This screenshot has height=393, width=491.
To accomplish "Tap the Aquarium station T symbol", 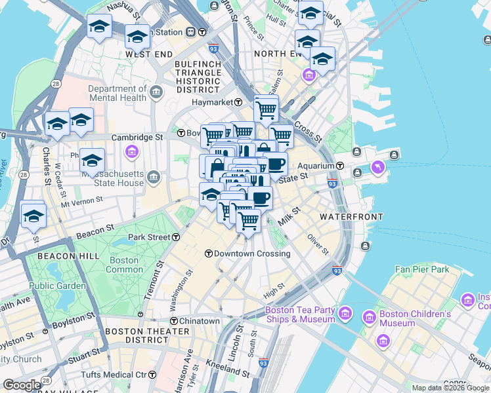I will pyautogui.click(x=341, y=166).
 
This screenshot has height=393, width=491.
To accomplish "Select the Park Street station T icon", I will pyautogui.click(x=175, y=237).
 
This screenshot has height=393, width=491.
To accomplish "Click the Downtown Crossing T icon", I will pyautogui.click(x=208, y=253).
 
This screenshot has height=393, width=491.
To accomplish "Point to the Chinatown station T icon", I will pyautogui.click(x=175, y=321).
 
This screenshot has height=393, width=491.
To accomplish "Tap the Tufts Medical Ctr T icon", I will pyautogui.click(x=152, y=375).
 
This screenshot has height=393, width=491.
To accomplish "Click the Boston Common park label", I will pyautogui.click(x=124, y=265).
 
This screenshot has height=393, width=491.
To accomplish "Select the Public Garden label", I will pyautogui.click(x=58, y=286).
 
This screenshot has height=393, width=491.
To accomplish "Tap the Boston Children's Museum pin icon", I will pyautogui.click(x=370, y=318).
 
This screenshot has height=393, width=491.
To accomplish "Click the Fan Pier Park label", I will pyautogui.click(x=422, y=269).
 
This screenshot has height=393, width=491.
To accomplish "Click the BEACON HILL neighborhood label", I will pyautogui.click(x=68, y=255).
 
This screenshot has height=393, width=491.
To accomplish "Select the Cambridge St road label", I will pyautogui.click(x=137, y=138).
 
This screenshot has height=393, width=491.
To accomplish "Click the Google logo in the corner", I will pyautogui.click(x=22, y=385).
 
